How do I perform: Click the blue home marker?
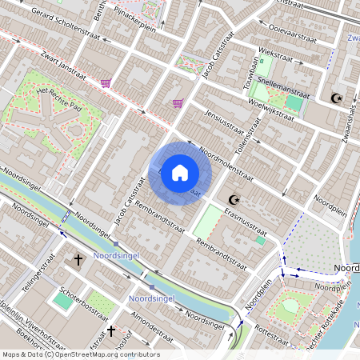pos(180,173)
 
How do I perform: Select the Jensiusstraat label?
pos(223,125)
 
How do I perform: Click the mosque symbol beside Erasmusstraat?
pos(234,199)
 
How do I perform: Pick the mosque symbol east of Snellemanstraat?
pos(336,98)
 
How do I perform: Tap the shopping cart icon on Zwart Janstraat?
pos(106,83)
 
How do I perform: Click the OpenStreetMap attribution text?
pos(80,354)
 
